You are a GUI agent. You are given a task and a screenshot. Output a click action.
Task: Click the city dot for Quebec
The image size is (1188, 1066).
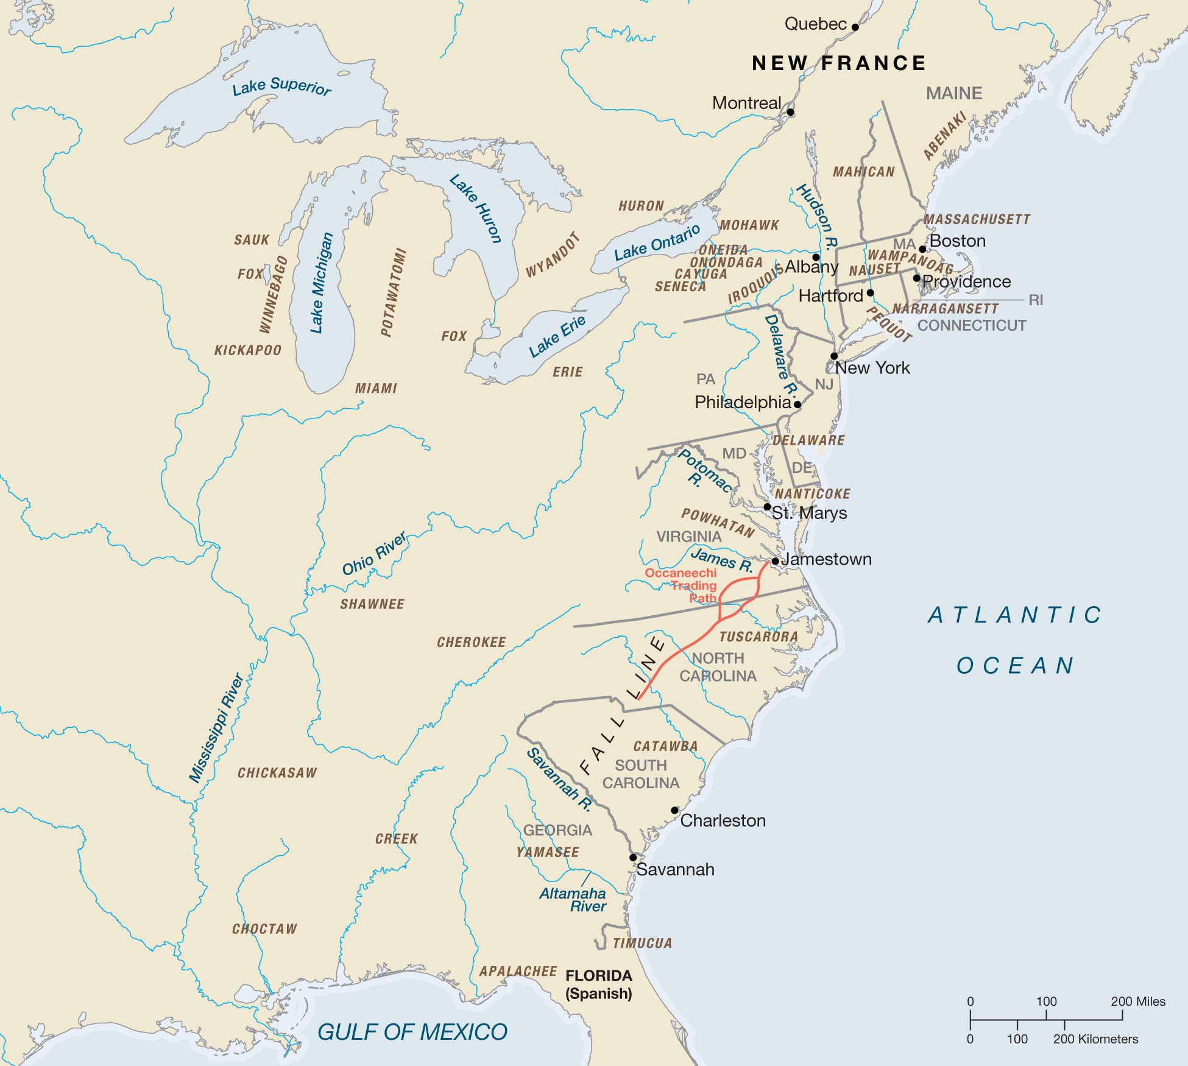pos(855,27)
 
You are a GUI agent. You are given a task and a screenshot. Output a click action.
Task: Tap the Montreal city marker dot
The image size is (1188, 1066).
pos(790,112)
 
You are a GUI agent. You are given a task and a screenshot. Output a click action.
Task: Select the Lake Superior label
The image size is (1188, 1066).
pos(281,87)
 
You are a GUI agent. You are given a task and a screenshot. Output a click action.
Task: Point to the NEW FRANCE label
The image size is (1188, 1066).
pos(838,63)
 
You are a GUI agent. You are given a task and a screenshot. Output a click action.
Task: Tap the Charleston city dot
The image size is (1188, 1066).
pos(674,810)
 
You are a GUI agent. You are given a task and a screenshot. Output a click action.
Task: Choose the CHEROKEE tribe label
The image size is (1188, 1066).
pos(471,642)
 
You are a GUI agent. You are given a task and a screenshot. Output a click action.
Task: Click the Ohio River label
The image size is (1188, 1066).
pos(373,554)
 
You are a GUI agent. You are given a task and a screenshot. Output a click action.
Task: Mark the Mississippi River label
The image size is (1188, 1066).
pos(216,728)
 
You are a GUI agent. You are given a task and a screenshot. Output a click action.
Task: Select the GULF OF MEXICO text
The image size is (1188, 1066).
pos(412,1032)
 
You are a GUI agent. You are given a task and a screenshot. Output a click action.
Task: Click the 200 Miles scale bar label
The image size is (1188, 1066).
pos(1137,1001)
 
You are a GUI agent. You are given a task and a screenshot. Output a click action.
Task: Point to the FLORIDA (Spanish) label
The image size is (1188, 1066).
pos(599,984)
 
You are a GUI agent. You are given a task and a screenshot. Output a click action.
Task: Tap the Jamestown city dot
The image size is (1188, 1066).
pos(775,561)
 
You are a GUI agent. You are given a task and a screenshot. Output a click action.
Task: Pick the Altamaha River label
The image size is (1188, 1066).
pos(574,900)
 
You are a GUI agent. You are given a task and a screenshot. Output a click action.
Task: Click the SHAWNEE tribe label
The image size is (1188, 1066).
pos(372,604)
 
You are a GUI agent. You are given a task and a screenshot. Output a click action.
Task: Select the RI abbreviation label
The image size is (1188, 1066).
pos(1036,300)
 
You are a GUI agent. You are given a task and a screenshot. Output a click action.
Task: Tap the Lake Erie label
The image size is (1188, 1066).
pos(557,336)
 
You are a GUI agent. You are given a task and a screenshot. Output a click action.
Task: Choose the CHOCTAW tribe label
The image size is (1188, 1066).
pos(264,929)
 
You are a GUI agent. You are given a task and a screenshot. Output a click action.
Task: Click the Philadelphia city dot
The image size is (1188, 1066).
pos(797,404)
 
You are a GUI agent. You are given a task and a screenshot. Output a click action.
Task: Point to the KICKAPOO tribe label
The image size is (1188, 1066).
pos(248,350)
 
